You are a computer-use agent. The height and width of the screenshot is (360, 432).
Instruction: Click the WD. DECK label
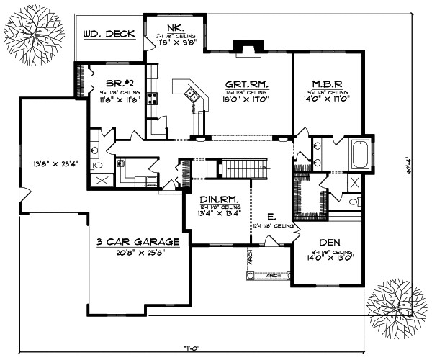tap(109, 34)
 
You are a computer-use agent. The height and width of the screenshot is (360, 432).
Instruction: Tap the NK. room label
tap(172, 27)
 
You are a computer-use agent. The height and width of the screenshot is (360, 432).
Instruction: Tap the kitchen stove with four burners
tap(152, 99)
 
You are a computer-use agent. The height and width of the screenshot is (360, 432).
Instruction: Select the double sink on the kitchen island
tap(191, 93)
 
